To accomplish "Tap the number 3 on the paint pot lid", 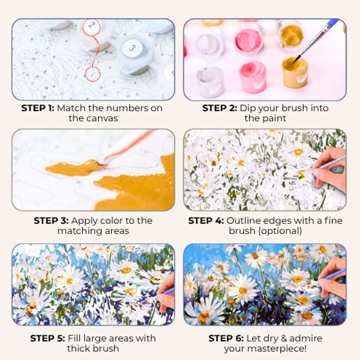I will tap(132, 47).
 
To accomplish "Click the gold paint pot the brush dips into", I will tap(295, 72).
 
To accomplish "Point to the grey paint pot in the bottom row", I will tap(211, 81).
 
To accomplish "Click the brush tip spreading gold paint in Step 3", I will tap(99, 163).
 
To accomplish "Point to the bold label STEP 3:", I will tap(50, 221).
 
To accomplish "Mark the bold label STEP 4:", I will tap(206, 221).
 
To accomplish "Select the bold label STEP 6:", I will tap(225, 338).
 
